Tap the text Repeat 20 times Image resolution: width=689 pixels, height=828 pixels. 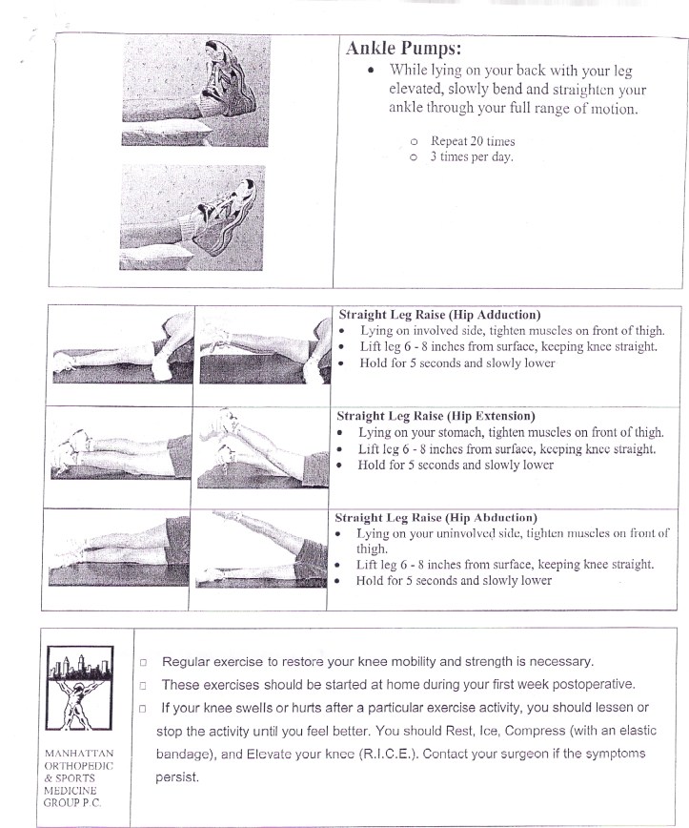(473, 141)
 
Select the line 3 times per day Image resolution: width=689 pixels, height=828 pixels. (472, 157)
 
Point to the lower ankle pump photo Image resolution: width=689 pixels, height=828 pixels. (193, 217)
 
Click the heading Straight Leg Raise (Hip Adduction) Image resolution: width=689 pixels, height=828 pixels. (439, 314)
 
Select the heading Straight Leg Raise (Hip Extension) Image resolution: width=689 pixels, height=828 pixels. (436, 416)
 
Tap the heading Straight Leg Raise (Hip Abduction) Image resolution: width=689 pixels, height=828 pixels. (436, 518)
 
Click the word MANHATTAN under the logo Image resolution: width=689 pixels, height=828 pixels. (79, 754)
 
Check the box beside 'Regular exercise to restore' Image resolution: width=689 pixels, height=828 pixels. (143, 662)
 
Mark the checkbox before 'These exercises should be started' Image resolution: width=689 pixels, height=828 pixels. (143, 685)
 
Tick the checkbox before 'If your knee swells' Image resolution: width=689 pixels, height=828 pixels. (143, 709)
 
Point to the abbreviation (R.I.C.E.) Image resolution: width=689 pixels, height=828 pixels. (382, 755)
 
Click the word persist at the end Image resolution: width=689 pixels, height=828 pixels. (177, 777)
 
